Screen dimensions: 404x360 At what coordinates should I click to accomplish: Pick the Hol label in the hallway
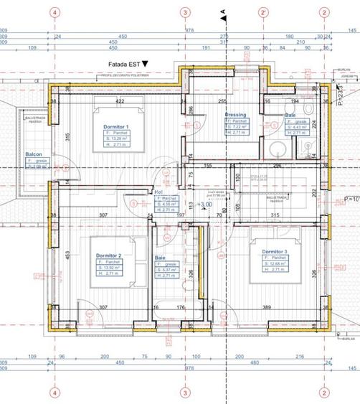click(x=158, y=192)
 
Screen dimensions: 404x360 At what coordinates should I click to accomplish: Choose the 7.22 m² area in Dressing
click(x=240, y=127)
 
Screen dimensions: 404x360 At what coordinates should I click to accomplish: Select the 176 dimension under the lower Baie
click(x=181, y=307)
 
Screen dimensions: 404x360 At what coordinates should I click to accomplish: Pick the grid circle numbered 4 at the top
click(x=53, y=12)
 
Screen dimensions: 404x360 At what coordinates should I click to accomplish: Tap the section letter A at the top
click(x=224, y=11)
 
